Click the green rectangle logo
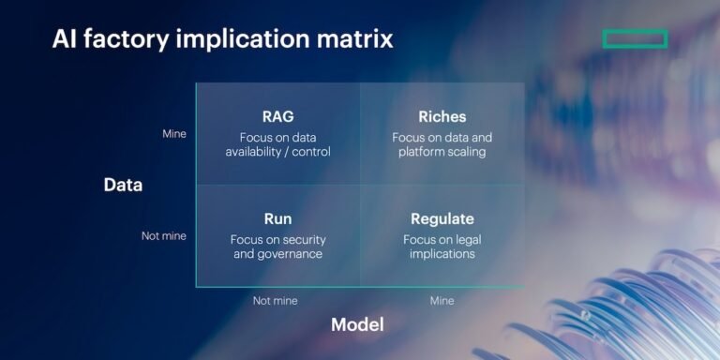635,38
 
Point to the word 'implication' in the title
234,39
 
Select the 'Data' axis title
123,185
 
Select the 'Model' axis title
357,324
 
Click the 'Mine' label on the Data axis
174,134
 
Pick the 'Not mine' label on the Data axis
164,236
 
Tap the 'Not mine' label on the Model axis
276,301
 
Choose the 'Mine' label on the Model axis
442,301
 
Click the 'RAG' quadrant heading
277,117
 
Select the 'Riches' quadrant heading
442,117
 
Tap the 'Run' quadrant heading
277,219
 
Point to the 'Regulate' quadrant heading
442,219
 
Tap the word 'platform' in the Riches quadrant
420,152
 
